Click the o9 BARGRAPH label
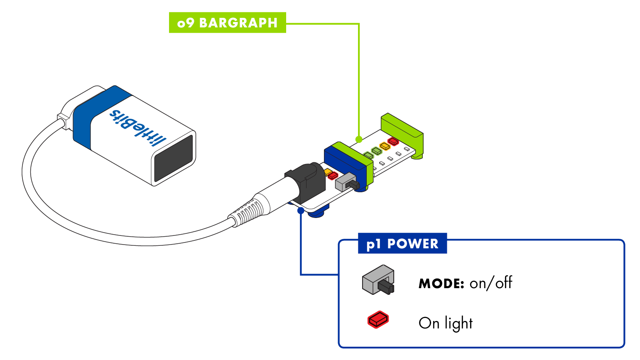227,22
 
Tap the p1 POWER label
402,243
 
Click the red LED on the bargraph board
393,142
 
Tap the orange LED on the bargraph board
385,146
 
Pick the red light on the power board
333,176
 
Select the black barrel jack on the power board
305,183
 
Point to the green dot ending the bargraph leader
359,140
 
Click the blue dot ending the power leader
301,211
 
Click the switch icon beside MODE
378,281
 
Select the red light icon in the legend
378,320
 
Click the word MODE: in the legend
441,284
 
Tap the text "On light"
445,323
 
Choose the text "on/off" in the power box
490,283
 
